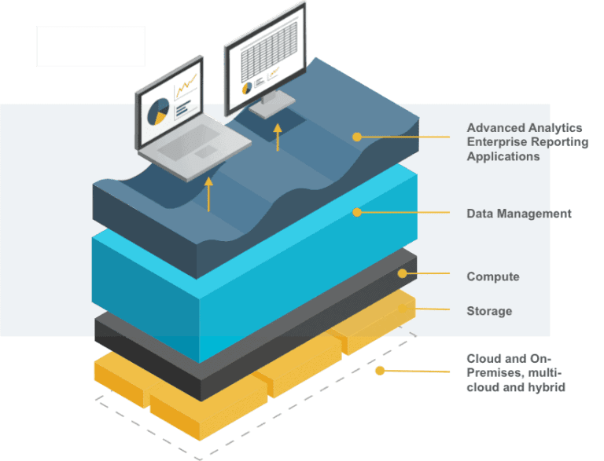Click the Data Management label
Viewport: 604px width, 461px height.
[x=518, y=214]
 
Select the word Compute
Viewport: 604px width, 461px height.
[x=493, y=276]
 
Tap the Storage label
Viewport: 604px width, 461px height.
[x=489, y=311]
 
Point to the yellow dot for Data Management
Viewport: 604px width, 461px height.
[x=357, y=212]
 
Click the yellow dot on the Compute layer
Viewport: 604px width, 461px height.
[x=402, y=274]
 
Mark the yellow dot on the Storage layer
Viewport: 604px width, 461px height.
[x=403, y=309]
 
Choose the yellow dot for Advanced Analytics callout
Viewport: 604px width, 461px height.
[x=357, y=137]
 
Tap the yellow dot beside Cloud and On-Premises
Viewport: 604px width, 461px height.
[x=380, y=370]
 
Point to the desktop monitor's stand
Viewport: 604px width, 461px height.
[x=272, y=103]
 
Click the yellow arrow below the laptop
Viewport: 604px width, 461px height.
[x=208, y=194]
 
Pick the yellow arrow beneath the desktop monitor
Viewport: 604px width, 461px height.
[x=277, y=136]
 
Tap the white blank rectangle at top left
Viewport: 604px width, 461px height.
[x=90, y=46]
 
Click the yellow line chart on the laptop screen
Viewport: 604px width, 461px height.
[x=186, y=86]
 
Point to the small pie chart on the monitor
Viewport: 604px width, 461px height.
[x=247, y=87]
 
